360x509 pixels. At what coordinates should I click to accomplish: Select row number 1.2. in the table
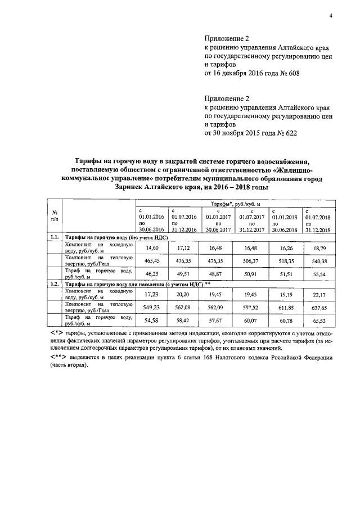[55, 284]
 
